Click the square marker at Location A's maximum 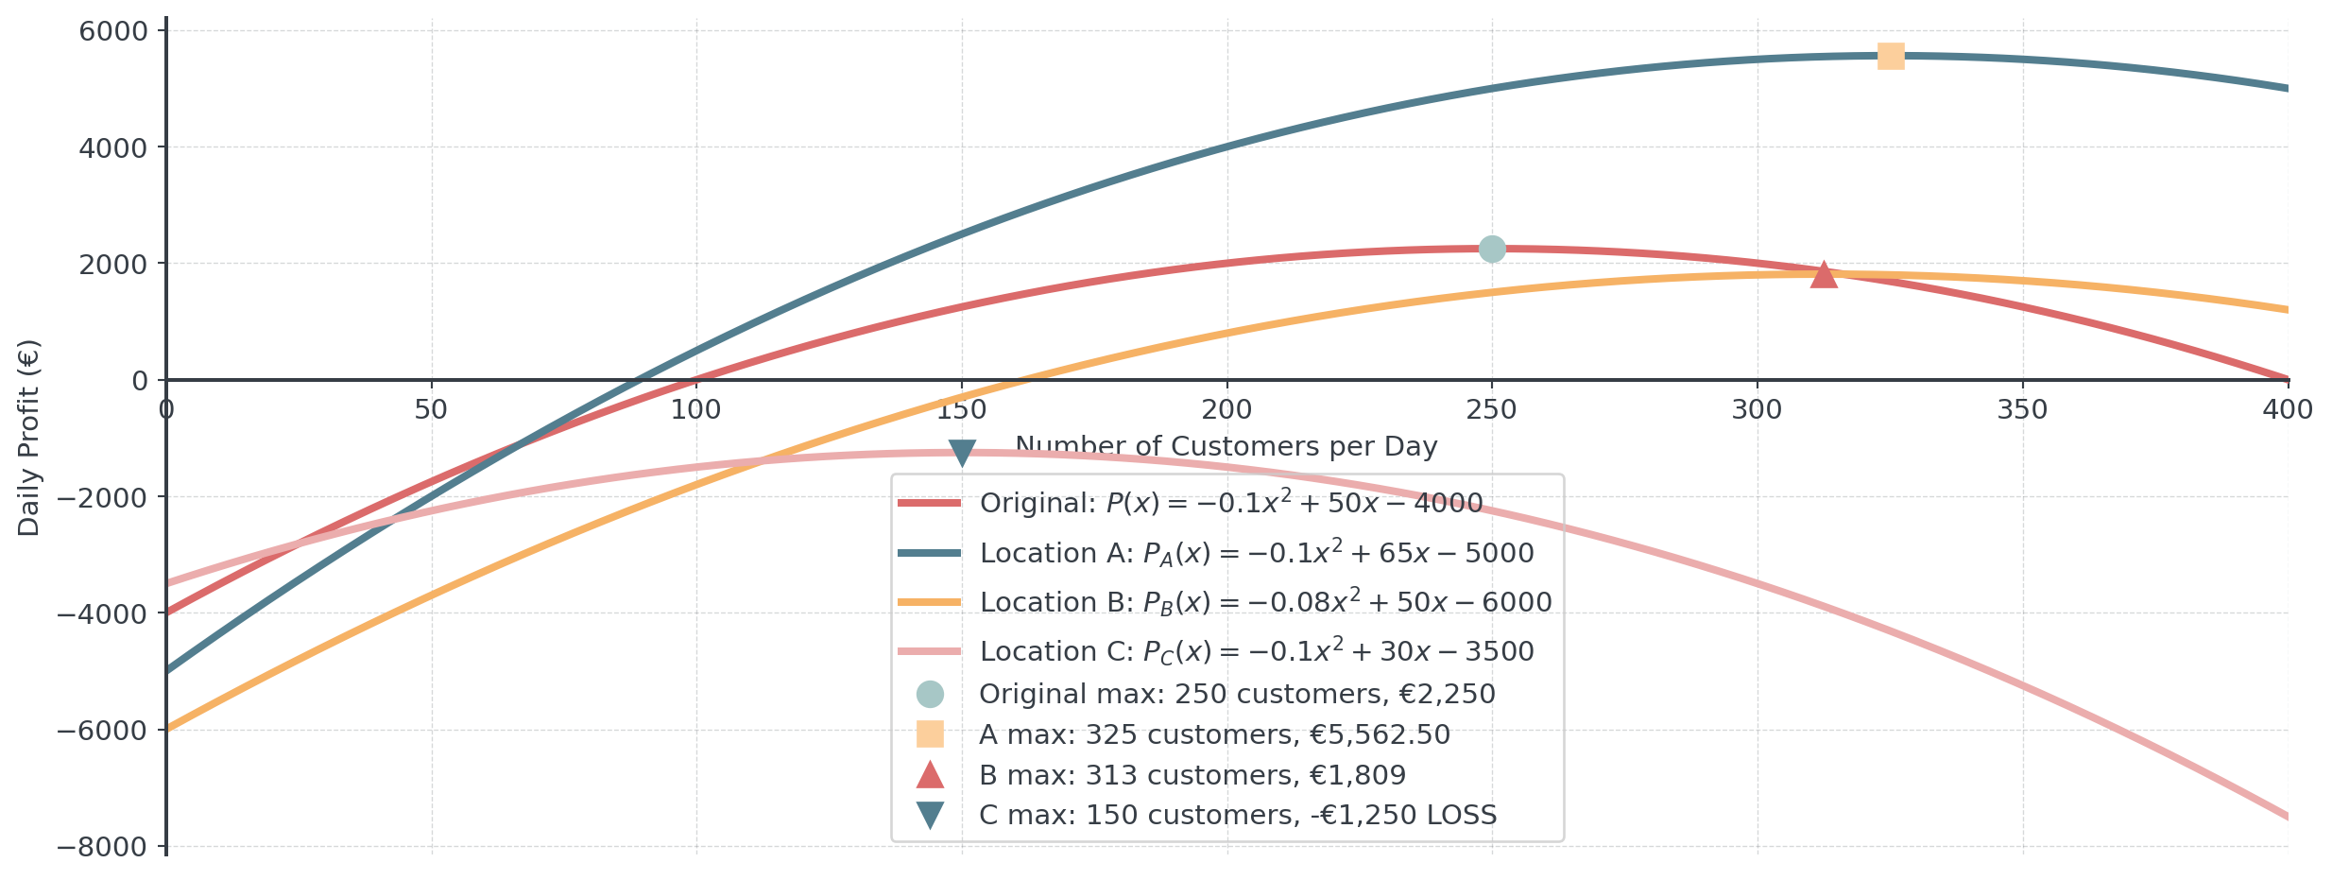pyautogui.click(x=1891, y=57)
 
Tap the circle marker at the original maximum pyautogui.click(x=1492, y=249)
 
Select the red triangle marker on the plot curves pyautogui.click(x=1824, y=275)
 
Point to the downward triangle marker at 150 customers pyautogui.click(x=962, y=454)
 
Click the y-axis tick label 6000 pyautogui.click(x=114, y=31)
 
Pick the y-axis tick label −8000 pyautogui.click(x=103, y=847)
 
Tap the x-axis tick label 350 pyautogui.click(x=2023, y=410)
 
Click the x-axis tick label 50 pyautogui.click(x=432, y=410)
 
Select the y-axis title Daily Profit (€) pyautogui.click(x=29, y=438)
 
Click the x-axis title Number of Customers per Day pyautogui.click(x=1226, y=446)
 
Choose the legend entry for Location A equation pyautogui.click(x=1256, y=553)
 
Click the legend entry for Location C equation pyautogui.click(x=1256, y=651)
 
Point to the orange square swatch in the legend pyautogui.click(x=930, y=733)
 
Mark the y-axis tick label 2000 pyautogui.click(x=114, y=264)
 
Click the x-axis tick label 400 pyautogui.click(x=2288, y=410)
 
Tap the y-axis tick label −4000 pyautogui.click(x=103, y=613)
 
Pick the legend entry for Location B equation pyautogui.click(x=1265, y=602)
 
